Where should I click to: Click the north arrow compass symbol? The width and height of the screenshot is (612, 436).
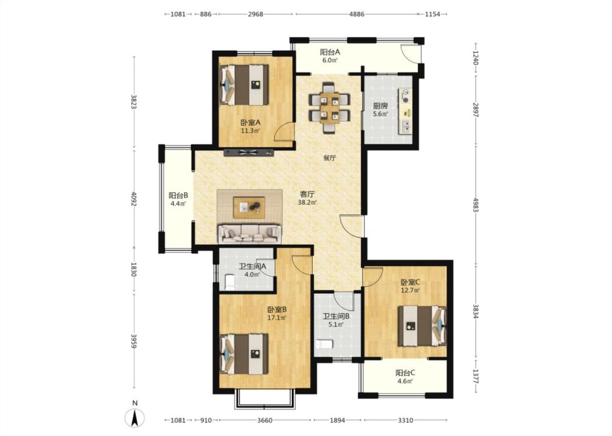[x=134, y=417]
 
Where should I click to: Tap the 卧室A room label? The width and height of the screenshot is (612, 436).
[x=250, y=123]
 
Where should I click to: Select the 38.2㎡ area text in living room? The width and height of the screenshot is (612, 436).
[x=307, y=203]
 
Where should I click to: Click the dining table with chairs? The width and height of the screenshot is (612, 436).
[x=329, y=108]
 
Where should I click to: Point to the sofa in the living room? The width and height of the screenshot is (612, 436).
[x=249, y=233]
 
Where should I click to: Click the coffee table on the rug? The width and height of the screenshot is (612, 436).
[x=249, y=207]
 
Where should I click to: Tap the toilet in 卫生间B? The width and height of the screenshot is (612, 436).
[x=324, y=344]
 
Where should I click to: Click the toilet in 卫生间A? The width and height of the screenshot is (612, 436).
[x=230, y=282]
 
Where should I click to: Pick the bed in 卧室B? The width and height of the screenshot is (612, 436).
[x=244, y=354]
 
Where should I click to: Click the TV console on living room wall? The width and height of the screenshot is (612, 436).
[x=248, y=153]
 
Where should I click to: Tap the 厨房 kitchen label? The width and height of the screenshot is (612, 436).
[x=380, y=106]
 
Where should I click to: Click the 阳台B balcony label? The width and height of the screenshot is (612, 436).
[x=178, y=195]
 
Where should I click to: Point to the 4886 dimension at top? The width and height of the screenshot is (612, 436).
[x=357, y=14]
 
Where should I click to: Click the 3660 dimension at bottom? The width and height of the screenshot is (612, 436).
[x=265, y=420]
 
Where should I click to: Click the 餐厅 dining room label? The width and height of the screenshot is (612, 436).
[x=330, y=159]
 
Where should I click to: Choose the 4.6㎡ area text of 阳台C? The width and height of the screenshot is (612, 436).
[x=405, y=381]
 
